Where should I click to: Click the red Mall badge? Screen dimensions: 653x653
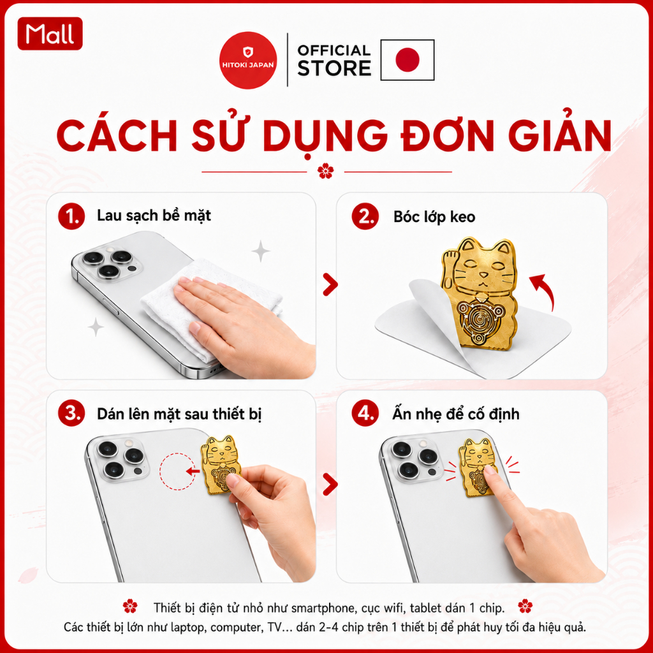point(50,34)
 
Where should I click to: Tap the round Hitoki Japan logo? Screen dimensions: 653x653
point(248,61)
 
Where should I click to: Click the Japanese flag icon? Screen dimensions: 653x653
point(407,60)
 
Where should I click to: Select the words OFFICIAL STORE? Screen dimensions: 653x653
point(334,61)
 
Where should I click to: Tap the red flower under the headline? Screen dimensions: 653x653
point(325,171)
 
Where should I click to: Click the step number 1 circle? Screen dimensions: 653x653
point(71,217)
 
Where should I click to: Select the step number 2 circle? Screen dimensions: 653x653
point(365,217)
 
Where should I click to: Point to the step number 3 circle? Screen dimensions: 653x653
point(71,413)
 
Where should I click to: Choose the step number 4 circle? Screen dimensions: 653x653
point(365,413)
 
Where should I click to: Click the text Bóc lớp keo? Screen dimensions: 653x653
point(434,217)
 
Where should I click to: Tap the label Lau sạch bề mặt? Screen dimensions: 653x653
point(154,216)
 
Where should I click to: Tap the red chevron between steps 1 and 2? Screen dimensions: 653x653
point(330,285)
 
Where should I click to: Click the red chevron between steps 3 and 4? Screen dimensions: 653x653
point(330,484)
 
